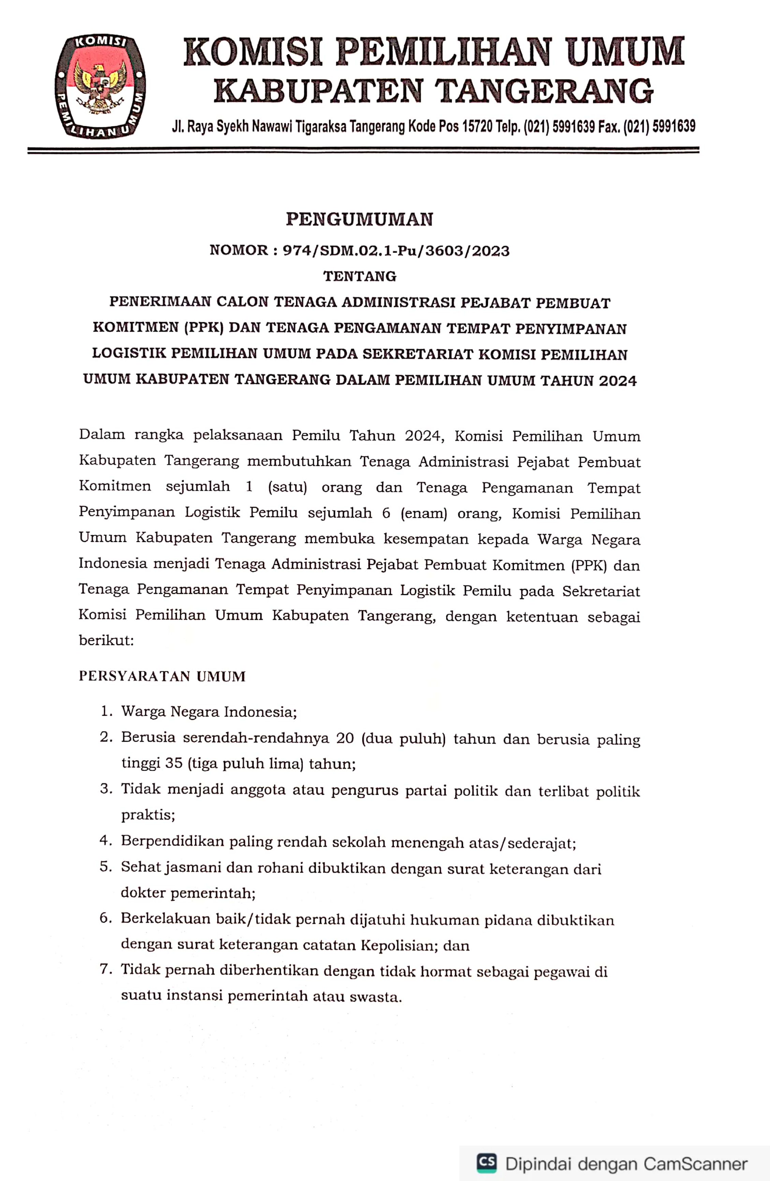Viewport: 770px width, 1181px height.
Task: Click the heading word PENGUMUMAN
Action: click(x=359, y=219)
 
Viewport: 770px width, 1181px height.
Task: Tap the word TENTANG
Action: click(x=359, y=276)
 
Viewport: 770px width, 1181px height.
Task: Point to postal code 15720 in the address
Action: click(x=477, y=127)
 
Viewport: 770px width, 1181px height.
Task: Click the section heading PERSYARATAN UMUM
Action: click(x=162, y=676)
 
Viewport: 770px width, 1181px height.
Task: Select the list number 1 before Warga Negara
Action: click(x=105, y=711)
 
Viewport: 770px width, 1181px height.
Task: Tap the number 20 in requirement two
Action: click(x=344, y=738)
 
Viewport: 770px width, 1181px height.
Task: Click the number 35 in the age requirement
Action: click(x=174, y=763)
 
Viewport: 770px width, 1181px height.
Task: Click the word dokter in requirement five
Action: click(x=143, y=893)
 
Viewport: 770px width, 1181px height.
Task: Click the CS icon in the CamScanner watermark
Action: click(x=487, y=1162)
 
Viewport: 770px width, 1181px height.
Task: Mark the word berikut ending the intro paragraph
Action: click(x=105, y=640)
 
